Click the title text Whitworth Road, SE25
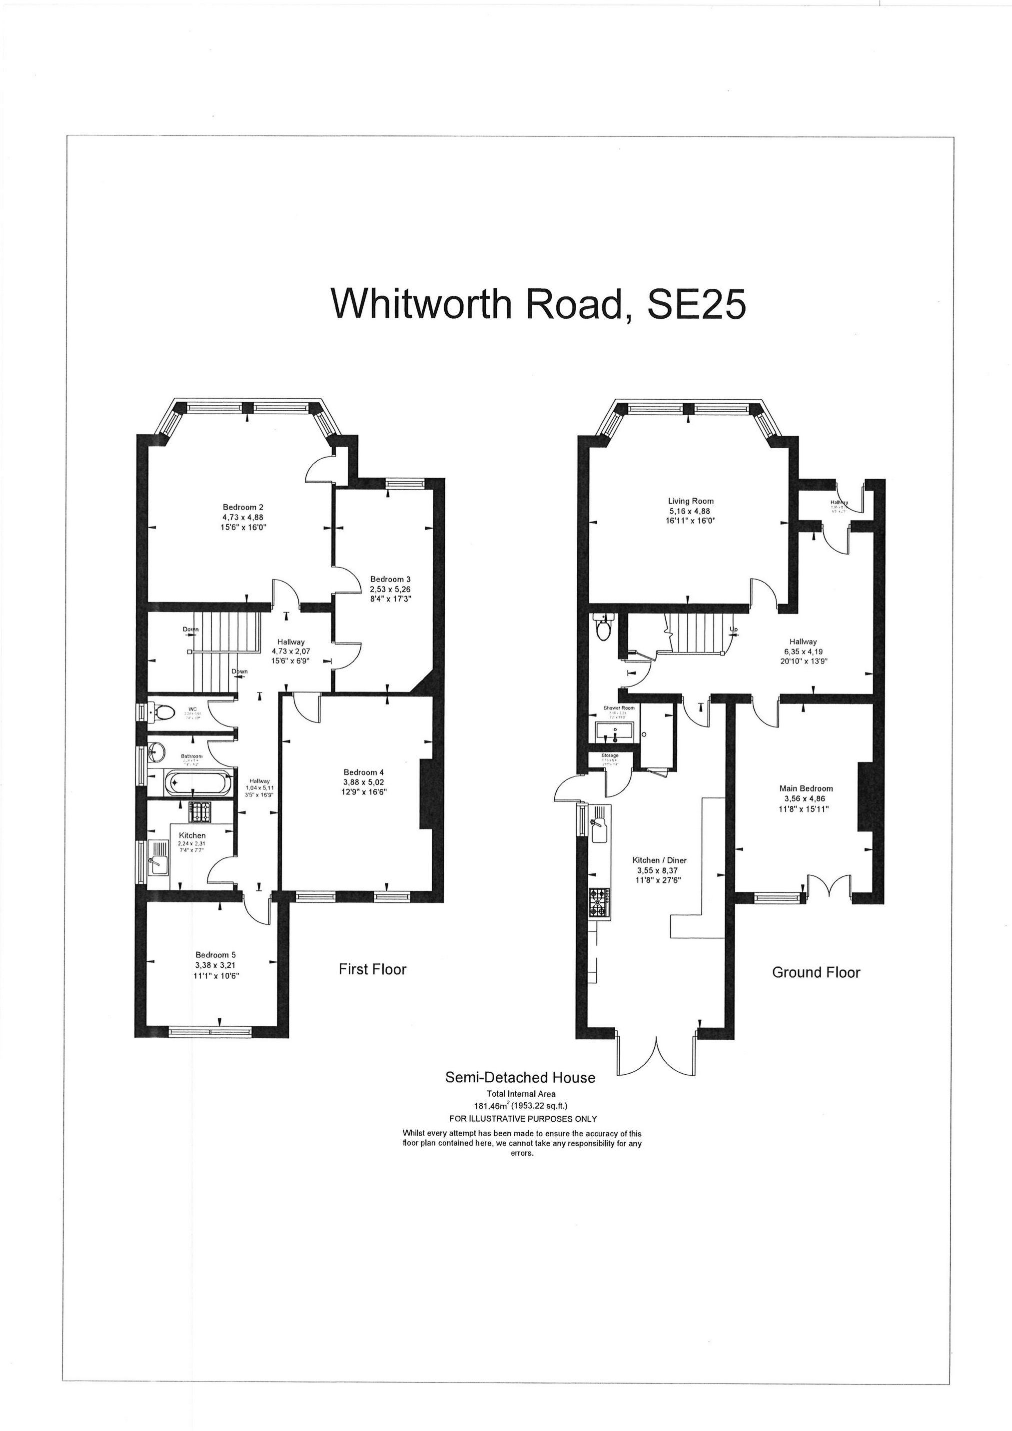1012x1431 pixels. [538, 303]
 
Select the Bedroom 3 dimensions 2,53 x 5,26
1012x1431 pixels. [390, 589]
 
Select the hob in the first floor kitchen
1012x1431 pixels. [200, 811]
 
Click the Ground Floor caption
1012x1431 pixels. [816, 972]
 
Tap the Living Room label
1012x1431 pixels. [690, 501]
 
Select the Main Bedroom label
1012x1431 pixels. [809, 788]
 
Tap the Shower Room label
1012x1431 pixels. [619, 709]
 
